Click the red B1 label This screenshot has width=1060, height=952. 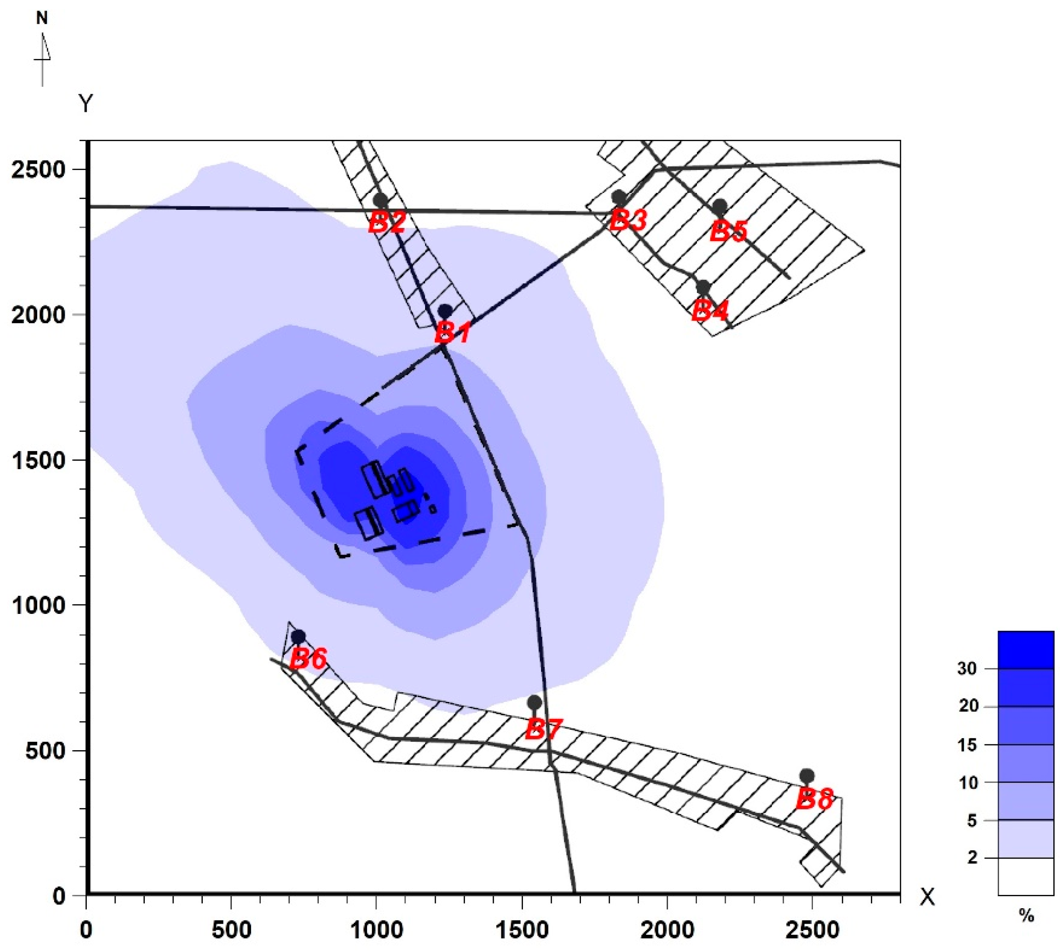point(453,331)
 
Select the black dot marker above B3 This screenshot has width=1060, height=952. point(619,197)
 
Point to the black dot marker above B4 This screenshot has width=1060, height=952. point(703,287)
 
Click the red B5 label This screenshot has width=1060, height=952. point(729,231)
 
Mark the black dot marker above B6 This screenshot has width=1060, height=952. point(298,636)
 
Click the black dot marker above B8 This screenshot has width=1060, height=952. point(807,775)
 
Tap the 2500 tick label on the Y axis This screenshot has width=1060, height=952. point(37,170)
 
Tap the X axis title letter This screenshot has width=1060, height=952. point(928,897)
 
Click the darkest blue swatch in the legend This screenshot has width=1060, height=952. point(1025,650)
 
